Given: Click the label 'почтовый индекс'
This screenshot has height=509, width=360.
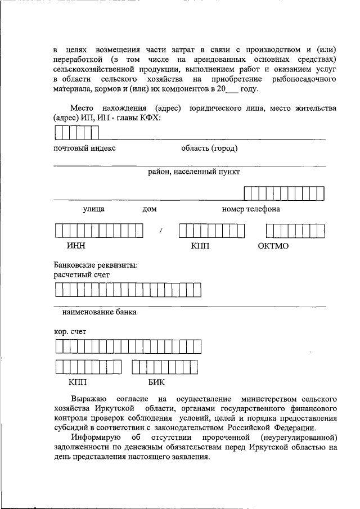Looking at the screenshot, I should point(84,148).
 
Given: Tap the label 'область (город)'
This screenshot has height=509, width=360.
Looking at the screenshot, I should point(209,148).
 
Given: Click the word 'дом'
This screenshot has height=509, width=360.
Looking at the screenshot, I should point(149,209).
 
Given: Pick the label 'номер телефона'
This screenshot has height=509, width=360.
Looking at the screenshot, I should point(251,209).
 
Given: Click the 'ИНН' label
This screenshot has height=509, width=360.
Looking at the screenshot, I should point(75,246).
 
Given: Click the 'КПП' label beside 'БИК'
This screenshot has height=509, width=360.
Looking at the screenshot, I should point(78,382).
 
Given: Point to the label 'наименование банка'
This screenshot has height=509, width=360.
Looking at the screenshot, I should point(99,312).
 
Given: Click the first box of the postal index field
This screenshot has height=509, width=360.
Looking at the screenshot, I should point(58,133).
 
